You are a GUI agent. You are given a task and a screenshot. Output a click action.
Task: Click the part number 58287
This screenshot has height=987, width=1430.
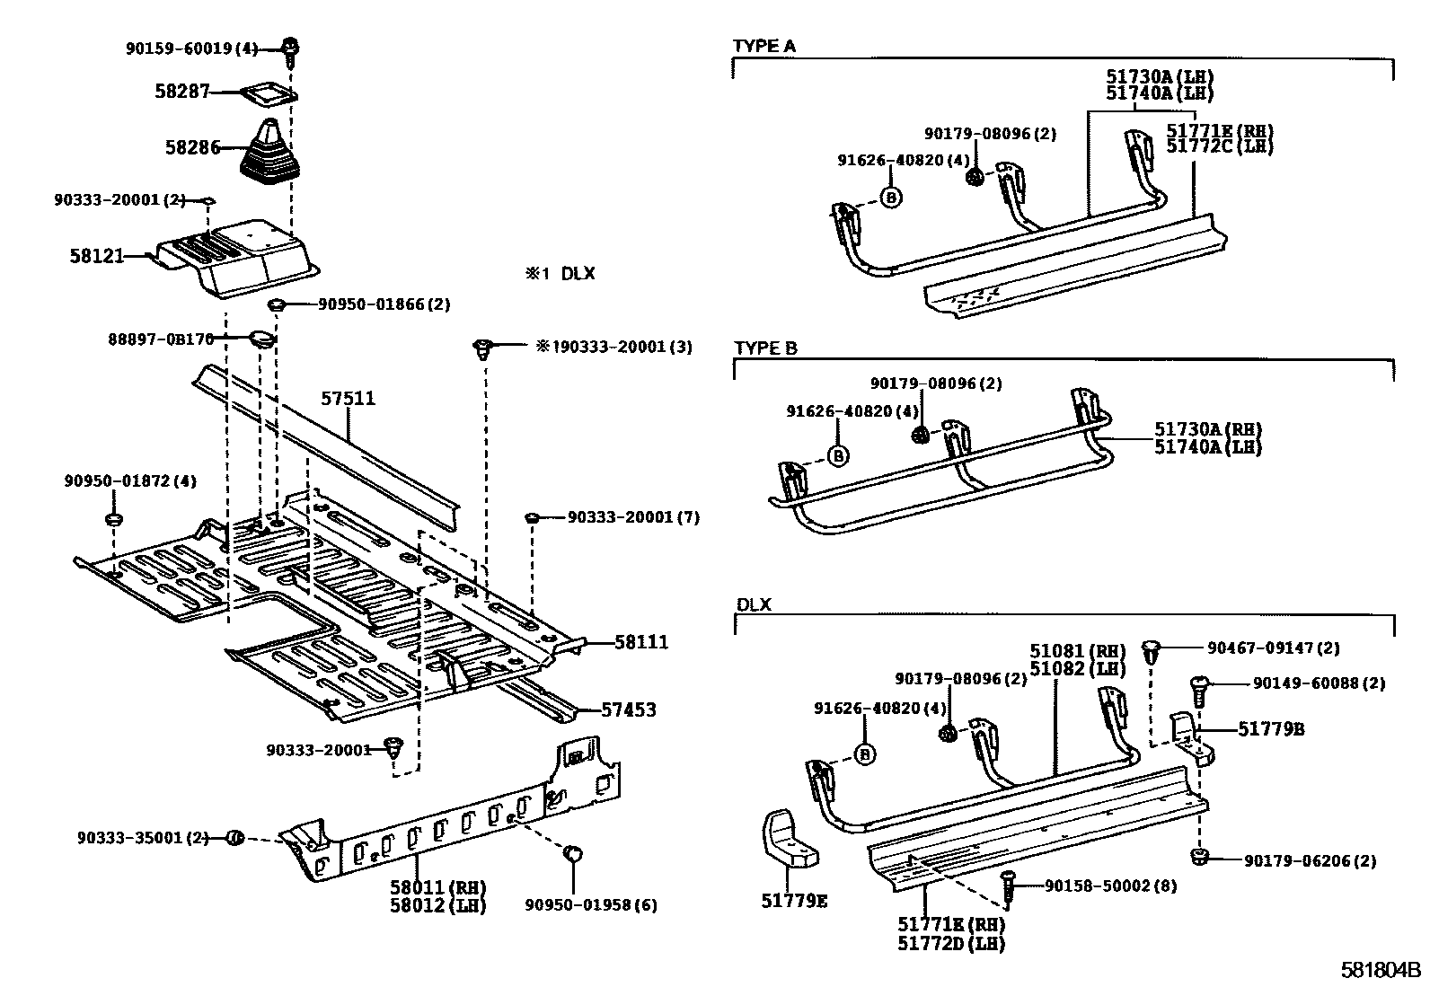click(x=181, y=92)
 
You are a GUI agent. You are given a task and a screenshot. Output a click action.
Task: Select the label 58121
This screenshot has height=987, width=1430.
click(x=96, y=256)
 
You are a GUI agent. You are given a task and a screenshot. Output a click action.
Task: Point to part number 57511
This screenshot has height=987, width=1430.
click(x=348, y=399)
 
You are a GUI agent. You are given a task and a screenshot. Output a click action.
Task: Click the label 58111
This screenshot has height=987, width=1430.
click(x=641, y=643)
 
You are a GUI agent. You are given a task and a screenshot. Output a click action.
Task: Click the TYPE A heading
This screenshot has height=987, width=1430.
click(x=764, y=46)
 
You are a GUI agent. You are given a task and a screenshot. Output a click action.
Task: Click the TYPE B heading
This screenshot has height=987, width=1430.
click(x=765, y=348)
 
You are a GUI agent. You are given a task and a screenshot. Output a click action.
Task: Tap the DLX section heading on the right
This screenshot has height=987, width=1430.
click(x=754, y=604)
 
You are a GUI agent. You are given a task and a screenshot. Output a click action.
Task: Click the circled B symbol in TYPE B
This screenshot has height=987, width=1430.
click(x=837, y=456)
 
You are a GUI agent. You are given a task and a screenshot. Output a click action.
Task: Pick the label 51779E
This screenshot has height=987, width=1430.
click(x=794, y=901)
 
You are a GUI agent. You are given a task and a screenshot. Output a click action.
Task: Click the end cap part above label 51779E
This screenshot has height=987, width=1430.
click(x=788, y=840)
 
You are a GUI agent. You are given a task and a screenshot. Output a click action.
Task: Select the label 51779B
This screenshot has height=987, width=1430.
click(x=1271, y=729)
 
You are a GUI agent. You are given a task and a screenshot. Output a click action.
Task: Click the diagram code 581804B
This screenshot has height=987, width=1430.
click(x=1381, y=971)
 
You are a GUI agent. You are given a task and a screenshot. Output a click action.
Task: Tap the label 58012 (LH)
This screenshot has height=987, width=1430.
click(x=437, y=905)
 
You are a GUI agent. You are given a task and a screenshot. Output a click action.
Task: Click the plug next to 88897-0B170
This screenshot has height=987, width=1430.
click(x=263, y=339)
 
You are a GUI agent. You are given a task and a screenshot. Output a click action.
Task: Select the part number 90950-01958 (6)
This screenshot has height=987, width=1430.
click(x=590, y=905)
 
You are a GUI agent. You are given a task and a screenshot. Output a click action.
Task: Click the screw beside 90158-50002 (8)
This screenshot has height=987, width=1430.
click(x=1009, y=886)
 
